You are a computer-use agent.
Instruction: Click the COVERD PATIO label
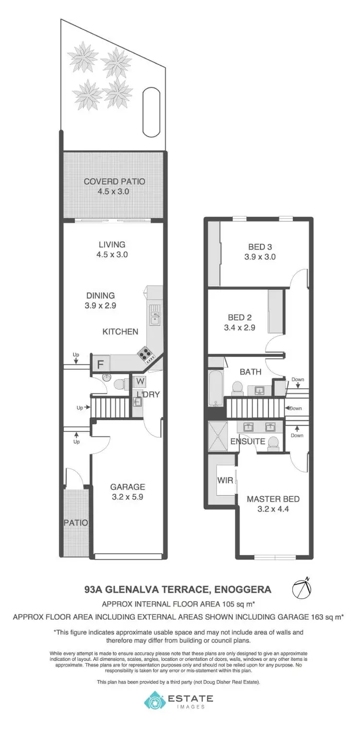point(114,181)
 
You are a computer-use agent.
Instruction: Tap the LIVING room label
point(110,244)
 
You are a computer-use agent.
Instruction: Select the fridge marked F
point(101,363)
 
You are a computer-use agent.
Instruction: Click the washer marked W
point(140,382)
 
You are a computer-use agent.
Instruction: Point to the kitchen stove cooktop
point(146,355)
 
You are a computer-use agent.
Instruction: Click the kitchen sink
point(155,316)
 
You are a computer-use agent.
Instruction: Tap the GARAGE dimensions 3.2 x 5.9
point(127,497)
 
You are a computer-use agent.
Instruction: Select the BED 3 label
point(260,247)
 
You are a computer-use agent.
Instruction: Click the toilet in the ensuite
point(273,442)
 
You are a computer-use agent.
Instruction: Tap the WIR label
point(225,480)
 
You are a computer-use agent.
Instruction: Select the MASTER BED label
point(273,499)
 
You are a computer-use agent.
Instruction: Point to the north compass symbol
point(302,588)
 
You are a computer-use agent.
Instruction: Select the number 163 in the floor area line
point(315,616)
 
